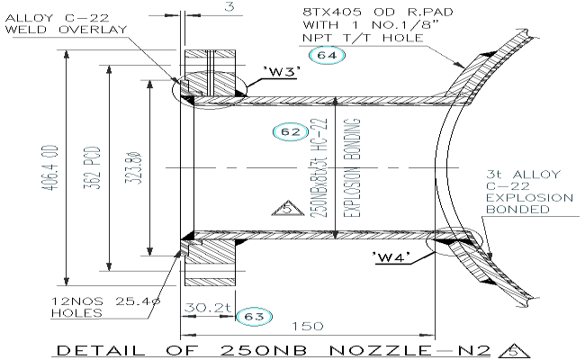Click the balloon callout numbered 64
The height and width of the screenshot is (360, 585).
click(x=326, y=56)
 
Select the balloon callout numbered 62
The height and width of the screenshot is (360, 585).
click(x=288, y=132)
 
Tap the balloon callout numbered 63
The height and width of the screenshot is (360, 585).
click(x=248, y=315)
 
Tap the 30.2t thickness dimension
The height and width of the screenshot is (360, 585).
click(x=202, y=309)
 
